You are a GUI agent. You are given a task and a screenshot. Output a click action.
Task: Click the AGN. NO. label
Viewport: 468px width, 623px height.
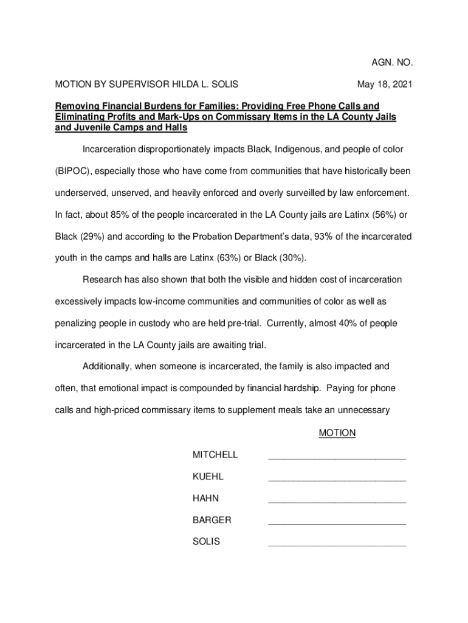[392, 62]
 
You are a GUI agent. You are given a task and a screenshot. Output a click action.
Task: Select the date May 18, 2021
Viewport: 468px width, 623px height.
[385, 84]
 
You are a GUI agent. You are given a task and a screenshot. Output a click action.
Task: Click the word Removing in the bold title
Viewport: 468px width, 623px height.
[77, 106]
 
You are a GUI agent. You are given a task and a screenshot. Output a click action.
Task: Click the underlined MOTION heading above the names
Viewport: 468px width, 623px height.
[337, 433]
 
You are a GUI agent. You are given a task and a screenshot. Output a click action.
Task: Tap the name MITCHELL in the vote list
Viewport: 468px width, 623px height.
[215, 454]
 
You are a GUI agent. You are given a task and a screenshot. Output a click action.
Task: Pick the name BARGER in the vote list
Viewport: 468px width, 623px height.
[212, 520]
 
